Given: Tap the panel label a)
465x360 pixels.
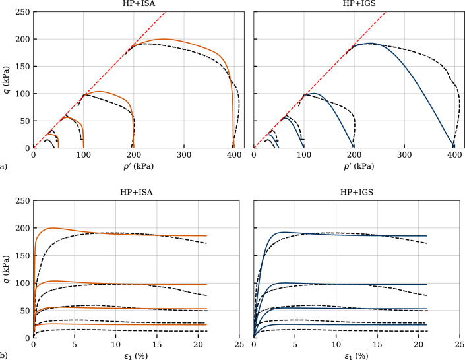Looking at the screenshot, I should pos(4,167).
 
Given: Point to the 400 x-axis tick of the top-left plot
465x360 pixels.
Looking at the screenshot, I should pos(233,155).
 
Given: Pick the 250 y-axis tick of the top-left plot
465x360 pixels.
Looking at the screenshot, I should pos(22,12).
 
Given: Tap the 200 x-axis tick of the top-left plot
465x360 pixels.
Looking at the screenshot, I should pos(133,155).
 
